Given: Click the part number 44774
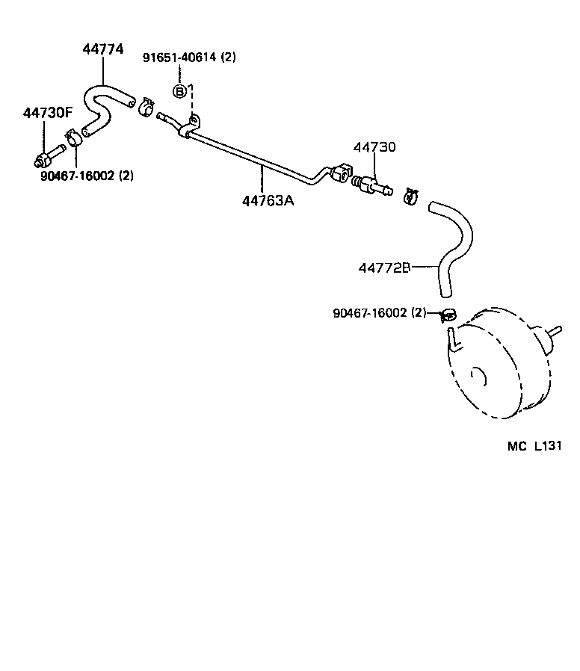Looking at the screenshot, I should point(103,50).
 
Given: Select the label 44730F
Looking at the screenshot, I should point(48,113).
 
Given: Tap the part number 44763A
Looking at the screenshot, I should point(268,200).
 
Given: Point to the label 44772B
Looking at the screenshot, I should point(385,267).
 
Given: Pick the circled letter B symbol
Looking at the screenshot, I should point(179,91).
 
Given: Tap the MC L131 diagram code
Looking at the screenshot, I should point(534,446).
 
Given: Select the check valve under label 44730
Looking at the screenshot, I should point(371,185).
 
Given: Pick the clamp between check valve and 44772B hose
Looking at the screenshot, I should point(410,197).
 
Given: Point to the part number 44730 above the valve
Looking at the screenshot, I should point(374,147).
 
